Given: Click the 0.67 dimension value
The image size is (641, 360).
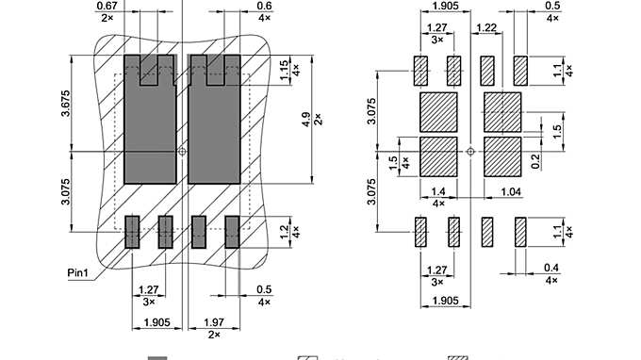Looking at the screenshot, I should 107,6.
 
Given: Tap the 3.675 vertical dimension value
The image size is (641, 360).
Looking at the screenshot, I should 66,104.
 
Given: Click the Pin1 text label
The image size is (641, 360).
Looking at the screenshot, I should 79,272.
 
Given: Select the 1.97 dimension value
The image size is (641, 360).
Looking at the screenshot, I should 214,323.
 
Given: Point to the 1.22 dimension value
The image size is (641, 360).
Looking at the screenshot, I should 486,28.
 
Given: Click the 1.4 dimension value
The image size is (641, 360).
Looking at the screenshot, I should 438,191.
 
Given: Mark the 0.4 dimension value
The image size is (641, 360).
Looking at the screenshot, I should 552,268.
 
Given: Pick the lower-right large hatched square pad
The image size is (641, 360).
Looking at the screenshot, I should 502,156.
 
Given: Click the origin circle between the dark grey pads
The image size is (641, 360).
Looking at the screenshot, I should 183,150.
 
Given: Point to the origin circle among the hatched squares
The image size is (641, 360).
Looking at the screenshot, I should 469,149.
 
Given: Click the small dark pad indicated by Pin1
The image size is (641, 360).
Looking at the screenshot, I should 132,231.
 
